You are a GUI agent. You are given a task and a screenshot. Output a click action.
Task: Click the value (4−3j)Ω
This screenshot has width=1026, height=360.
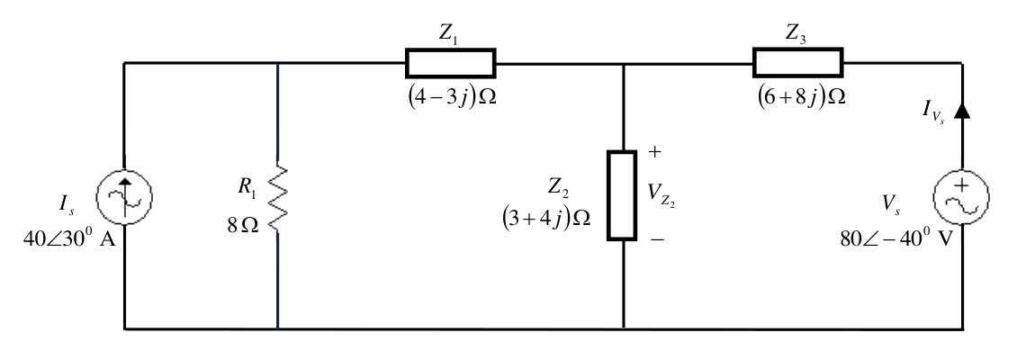click(x=452, y=97)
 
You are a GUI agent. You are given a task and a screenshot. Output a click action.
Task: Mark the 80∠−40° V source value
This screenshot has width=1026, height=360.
click(x=896, y=238)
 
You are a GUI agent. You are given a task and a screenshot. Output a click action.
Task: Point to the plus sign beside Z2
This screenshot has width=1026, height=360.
click(x=655, y=152)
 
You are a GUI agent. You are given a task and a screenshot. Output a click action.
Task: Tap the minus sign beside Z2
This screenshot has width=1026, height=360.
click(x=657, y=239)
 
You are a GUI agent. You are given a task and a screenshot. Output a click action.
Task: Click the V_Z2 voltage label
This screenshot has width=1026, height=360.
click(x=661, y=194)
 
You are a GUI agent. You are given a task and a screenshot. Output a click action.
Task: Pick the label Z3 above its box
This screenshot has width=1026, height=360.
click(x=796, y=35)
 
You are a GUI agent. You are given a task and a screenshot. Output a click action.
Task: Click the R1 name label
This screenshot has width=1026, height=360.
click(x=246, y=188)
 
